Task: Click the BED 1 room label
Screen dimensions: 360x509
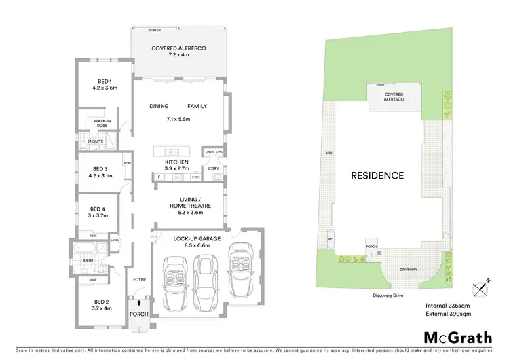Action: [105, 80]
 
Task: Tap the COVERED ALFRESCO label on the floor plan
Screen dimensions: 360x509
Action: [178, 48]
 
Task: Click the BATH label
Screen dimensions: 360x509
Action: [88, 260]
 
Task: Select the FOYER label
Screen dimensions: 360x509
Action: [139, 278]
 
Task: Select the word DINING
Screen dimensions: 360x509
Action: [159, 107]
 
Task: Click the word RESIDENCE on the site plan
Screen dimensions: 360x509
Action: [377, 175]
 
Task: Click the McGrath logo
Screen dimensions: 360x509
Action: [454, 337]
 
